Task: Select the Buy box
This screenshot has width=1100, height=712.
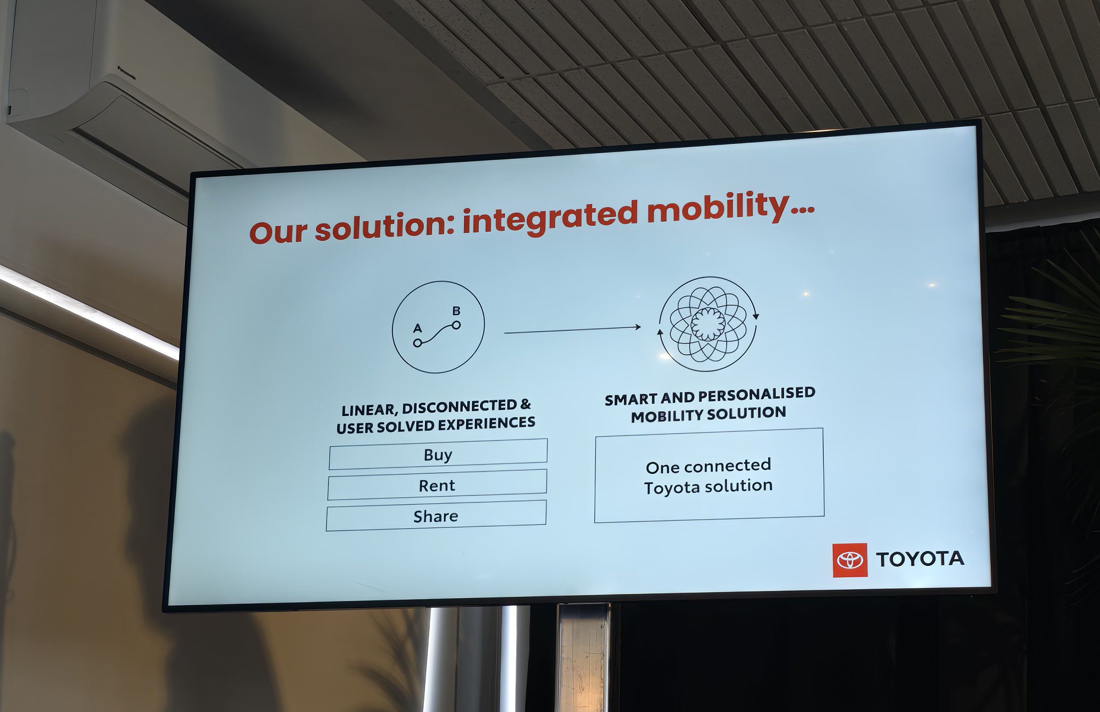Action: point(438,454)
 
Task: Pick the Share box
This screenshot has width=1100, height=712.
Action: point(436,516)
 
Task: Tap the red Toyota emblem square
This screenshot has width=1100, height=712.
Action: point(850,560)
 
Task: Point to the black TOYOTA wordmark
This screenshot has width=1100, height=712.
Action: point(920,559)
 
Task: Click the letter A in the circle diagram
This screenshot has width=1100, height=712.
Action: point(418,328)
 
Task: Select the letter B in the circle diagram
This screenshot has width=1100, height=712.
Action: point(456,311)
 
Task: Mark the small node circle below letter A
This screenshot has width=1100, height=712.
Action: point(417,343)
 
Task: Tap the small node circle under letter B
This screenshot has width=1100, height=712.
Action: point(456,325)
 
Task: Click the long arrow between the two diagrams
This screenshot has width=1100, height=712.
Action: point(572,329)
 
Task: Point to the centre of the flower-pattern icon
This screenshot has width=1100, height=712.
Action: point(708,324)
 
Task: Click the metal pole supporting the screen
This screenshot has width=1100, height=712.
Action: point(583,657)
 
